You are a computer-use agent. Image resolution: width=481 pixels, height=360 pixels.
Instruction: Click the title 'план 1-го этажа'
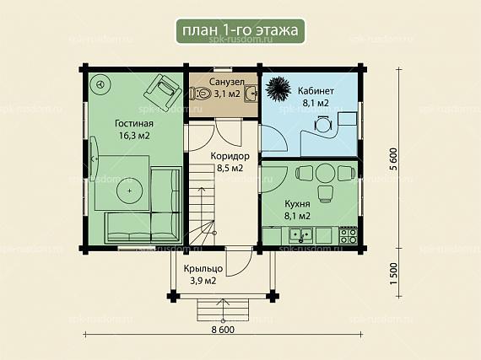[240, 30]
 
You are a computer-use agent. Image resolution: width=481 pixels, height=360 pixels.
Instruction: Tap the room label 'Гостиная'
[134, 123]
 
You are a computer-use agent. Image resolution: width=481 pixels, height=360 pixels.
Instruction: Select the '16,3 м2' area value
[134, 136]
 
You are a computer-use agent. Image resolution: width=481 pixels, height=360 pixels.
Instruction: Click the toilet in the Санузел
[200, 93]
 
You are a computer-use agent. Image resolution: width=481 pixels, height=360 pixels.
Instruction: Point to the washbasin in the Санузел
[251, 94]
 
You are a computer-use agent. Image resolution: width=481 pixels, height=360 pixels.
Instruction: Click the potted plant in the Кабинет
[278, 89]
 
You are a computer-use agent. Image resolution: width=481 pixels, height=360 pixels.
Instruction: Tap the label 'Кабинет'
[316, 91]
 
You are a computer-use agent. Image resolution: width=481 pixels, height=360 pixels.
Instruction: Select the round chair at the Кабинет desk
[323, 124]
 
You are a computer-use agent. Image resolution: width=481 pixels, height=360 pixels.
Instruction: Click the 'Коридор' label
[230, 156]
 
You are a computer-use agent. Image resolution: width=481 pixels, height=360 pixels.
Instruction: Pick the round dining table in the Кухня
[325, 174]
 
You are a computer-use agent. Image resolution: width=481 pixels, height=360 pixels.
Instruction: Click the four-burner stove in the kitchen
[349, 235]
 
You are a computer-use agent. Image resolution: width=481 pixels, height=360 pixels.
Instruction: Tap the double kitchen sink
[301, 235]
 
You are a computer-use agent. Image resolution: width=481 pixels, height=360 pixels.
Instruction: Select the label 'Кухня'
[297, 204]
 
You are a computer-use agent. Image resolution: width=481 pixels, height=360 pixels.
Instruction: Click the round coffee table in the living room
[130, 191]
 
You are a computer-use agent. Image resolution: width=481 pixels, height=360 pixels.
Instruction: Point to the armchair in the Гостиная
[162, 92]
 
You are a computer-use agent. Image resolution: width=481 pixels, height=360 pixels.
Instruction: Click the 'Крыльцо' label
[203, 269]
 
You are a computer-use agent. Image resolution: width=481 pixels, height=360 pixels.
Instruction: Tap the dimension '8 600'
[223, 330]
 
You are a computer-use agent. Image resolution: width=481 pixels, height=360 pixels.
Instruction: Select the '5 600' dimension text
[393, 159]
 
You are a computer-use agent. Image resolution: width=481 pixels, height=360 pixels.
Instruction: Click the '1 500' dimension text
[393, 273]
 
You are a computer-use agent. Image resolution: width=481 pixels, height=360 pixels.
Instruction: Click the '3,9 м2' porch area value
[203, 281]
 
